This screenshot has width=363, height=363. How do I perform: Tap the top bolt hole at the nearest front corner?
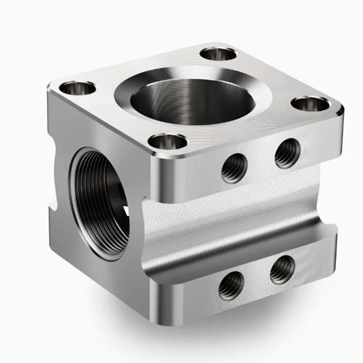click(168, 142)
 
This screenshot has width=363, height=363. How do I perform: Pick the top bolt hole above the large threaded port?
click(78, 88)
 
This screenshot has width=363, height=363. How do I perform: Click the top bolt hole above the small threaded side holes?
click(310, 104)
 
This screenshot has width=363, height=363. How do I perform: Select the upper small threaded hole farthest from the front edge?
click(287, 153)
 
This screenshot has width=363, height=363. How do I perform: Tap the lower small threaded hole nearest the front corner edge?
click(231, 285)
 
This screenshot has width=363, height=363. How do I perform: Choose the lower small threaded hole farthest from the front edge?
click(282, 270)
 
